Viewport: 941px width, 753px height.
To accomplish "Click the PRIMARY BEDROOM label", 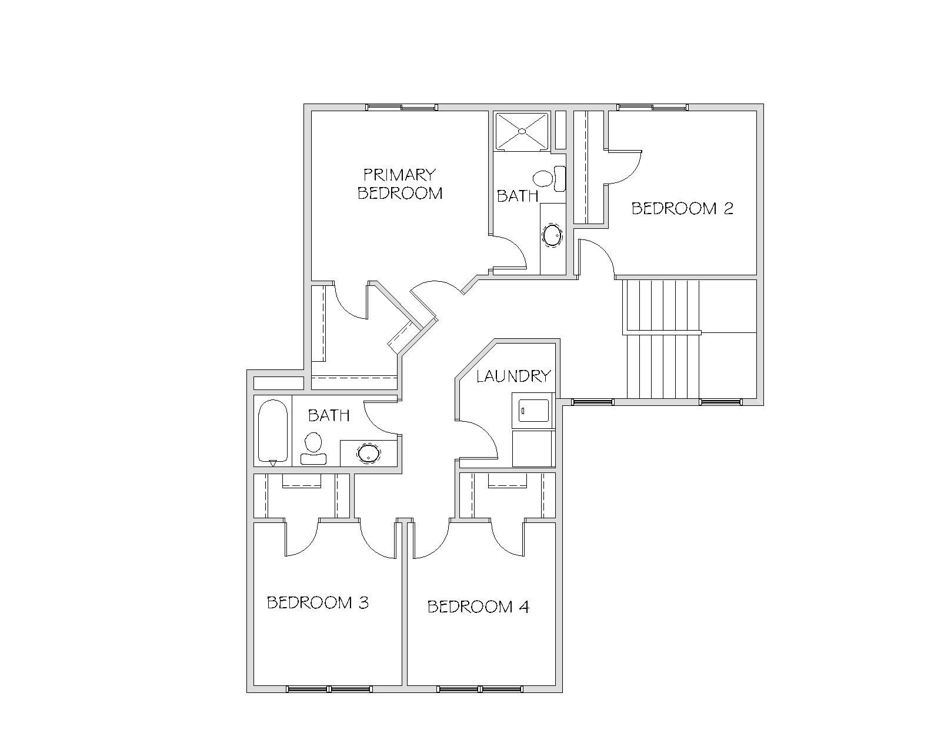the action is point(400,184).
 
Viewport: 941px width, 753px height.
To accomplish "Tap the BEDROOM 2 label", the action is point(682,208).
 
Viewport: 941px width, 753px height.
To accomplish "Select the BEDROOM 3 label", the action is point(318,603).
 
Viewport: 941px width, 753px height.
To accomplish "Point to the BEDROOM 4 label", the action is point(478,607).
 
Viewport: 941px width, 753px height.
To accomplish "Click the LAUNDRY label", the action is point(513,376).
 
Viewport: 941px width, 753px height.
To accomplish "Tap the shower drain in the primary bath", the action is point(522,131).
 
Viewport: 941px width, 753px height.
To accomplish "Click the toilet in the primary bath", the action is point(549,178).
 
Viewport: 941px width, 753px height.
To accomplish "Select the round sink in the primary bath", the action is point(552,236).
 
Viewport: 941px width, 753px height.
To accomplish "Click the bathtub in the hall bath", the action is point(273,431).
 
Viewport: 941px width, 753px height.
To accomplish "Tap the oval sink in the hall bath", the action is point(369,453).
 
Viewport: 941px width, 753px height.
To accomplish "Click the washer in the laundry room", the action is point(533,411).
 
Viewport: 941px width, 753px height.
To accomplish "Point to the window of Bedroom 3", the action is point(329,689).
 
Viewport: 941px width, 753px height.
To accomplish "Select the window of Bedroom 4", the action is point(480,689).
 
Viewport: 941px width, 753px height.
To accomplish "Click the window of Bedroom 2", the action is point(652,107).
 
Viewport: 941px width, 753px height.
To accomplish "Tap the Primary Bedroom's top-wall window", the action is point(402,107).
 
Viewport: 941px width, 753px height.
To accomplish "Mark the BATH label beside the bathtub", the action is point(329,415).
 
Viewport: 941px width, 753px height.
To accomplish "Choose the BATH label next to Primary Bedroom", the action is point(518,195).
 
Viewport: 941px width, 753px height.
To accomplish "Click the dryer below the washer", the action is point(533,448).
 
